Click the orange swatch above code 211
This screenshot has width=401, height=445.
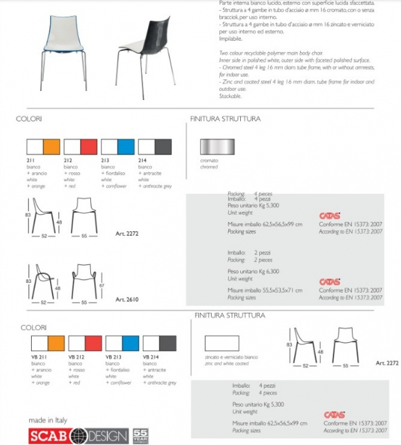pos(51,147)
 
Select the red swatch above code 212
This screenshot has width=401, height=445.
pos(88,147)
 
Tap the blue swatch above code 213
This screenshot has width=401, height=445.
pos(126,147)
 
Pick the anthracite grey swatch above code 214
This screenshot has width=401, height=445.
pos(163,147)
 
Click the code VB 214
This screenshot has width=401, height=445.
pos(151,358)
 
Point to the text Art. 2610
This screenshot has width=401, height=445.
pos(126,299)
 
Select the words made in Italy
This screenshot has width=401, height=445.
pos(48,420)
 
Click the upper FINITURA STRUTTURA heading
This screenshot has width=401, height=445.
pos(225,119)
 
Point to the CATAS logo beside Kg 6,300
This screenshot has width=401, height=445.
pos(329,281)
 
